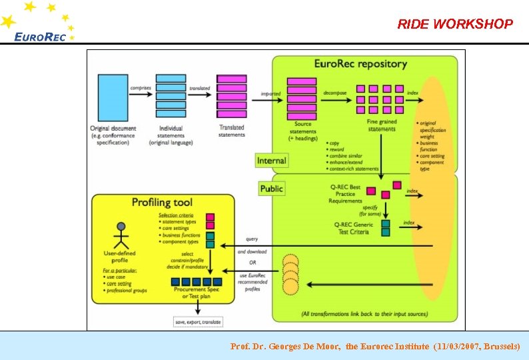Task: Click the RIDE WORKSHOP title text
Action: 455,25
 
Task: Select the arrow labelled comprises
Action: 140,95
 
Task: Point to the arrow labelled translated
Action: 200,95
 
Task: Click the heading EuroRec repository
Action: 360,64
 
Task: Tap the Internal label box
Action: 271,161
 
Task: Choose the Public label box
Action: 271,189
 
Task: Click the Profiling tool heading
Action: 162,202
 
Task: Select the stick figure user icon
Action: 121,234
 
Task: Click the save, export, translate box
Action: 199,322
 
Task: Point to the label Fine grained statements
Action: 382,125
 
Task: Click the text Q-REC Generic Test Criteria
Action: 354,228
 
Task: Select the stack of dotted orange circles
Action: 290,274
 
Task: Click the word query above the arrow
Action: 252,239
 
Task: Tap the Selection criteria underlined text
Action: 177,215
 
